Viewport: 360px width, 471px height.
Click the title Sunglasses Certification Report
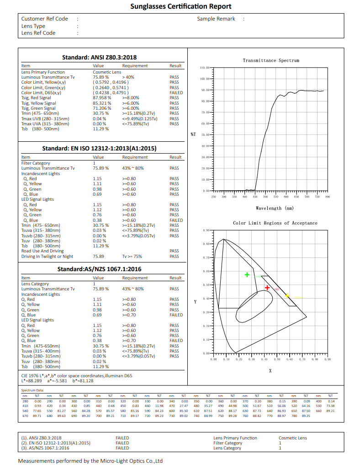tap(180, 6)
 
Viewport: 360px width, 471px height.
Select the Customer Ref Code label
tap(45, 19)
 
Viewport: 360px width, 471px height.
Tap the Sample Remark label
tap(216, 19)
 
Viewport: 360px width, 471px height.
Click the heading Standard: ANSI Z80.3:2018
tap(99, 58)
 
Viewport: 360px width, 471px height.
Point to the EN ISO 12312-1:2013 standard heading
tap(99, 149)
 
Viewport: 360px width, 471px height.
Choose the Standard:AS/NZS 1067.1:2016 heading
tap(99, 269)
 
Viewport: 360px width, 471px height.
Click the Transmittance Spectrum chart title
tap(271, 60)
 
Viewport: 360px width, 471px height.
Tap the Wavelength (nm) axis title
tap(275, 209)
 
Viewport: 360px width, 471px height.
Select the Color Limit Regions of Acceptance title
tap(275, 223)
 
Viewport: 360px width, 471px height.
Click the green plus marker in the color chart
tap(247, 275)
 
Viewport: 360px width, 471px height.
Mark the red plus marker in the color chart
tap(267, 288)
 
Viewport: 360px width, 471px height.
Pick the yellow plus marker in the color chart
tap(287, 296)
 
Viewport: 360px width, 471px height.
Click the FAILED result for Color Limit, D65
tap(176, 93)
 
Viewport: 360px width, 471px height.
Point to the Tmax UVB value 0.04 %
tap(100, 118)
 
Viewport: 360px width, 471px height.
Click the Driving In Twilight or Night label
tap(47, 257)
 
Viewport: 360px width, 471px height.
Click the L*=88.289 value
tap(32, 380)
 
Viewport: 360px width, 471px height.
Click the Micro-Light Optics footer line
tap(90, 461)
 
